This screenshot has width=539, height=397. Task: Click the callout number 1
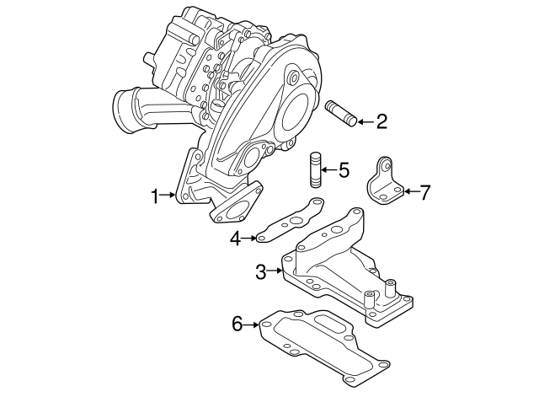click(155, 196)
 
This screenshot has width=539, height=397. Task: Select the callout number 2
click(382, 122)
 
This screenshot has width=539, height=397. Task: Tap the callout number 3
click(261, 271)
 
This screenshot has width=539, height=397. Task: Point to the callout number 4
click(237, 239)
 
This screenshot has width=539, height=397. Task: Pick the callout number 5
click(343, 171)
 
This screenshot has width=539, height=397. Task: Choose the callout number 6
click(237, 323)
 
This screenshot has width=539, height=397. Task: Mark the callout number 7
click(424, 192)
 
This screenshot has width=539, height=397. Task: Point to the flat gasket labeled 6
click(320, 346)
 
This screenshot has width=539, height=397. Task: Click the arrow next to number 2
click(362, 122)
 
